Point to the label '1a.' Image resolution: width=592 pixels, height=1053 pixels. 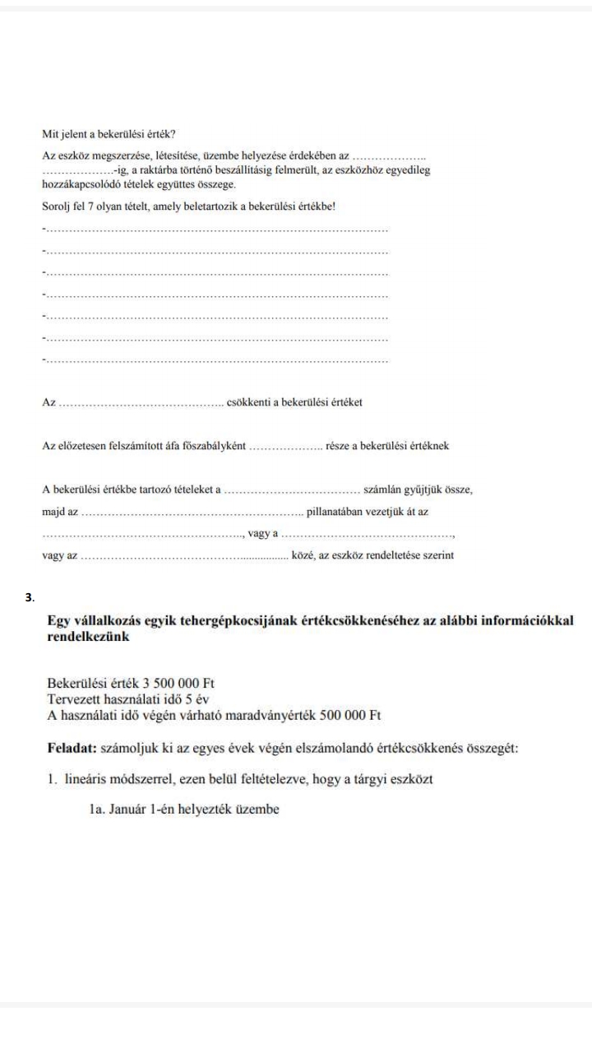pyautogui.click(x=98, y=809)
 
